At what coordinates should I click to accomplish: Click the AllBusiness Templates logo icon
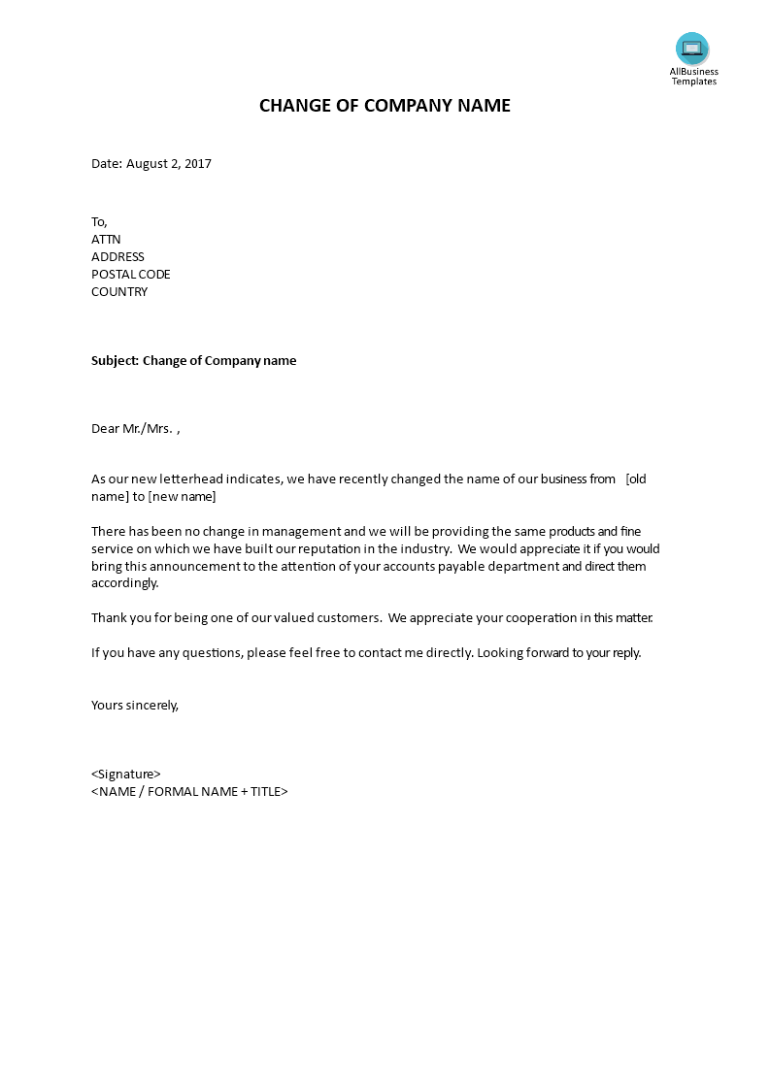point(692,49)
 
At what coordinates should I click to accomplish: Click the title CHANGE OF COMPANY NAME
point(385,106)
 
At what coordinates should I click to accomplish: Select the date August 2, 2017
point(168,164)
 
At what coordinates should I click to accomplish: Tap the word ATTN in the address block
point(106,240)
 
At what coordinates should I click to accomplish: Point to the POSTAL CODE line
point(131,275)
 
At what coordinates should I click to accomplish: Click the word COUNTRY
point(119,292)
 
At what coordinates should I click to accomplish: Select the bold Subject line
point(194,361)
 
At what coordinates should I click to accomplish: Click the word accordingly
point(124,584)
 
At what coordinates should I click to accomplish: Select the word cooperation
point(517,618)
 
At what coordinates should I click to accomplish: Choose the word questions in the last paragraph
point(211,653)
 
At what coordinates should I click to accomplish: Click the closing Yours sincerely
point(135,706)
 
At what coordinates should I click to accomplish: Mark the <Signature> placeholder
point(126,775)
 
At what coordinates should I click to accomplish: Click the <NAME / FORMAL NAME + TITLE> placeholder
point(189,792)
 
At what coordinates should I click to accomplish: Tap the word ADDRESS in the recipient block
point(117,257)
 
